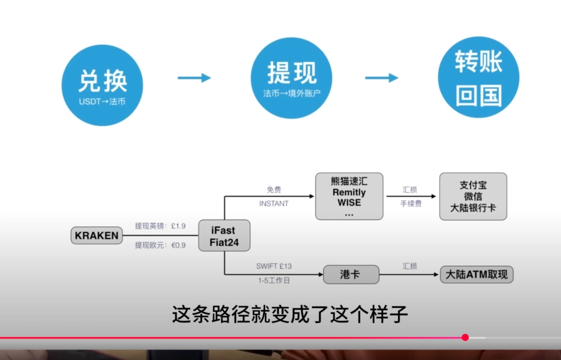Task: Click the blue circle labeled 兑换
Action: pyautogui.click(x=102, y=85)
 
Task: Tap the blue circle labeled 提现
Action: pyautogui.click(x=292, y=79)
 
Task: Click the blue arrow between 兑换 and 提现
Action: pyautogui.click(x=194, y=78)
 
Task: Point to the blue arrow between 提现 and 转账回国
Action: pyautogui.click(x=381, y=78)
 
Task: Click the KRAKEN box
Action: pyautogui.click(x=97, y=236)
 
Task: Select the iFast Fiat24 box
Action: pyautogui.click(x=224, y=236)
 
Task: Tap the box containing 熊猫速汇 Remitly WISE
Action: pyautogui.click(x=349, y=197)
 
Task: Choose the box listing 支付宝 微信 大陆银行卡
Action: pyautogui.click(x=473, y=197)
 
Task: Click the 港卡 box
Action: pyautogui.click(x=351, y=274)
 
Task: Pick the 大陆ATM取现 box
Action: pyautogui.click(x=477, y=275)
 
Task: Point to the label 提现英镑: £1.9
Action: pyautogui.click(x=160, y=226)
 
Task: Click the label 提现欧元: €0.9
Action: pyautogui.click(x=160, y=245)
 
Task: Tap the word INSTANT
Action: pyautogui.click(x=274, y=204)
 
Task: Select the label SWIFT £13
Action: pyautogui.click(x=274, y=267)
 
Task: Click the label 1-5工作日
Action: pyautogui.click(x=274, y=281)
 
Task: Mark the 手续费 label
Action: pyautogui.click(x=411, y=204)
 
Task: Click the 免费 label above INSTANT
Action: pyautogui.click(x=274, y=190)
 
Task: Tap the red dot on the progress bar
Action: pyautogui.click(x=465, y=337)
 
